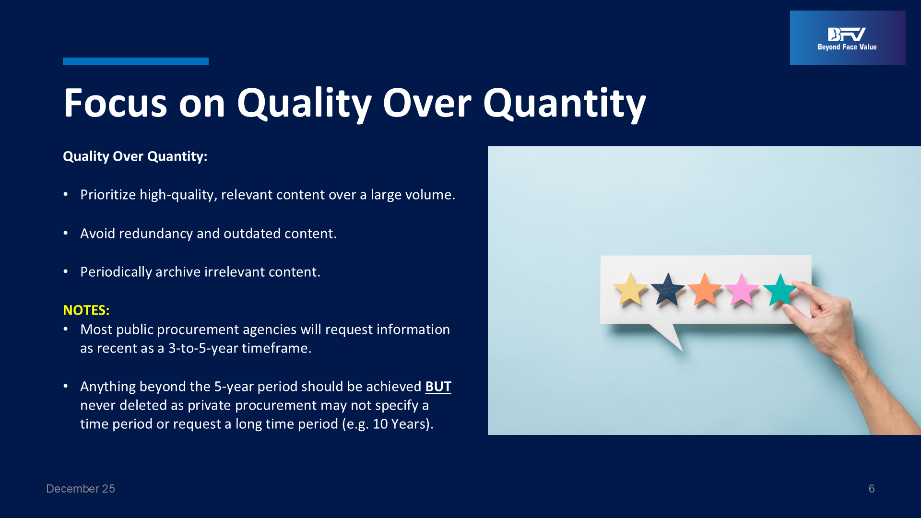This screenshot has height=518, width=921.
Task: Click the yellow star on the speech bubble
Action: pos(630,290)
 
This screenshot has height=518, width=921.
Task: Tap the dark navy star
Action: pos(668,290)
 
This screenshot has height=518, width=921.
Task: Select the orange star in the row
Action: pos(705,290)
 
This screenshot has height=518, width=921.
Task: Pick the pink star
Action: pos(742,290)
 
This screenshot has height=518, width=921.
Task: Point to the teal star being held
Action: pos(779,290)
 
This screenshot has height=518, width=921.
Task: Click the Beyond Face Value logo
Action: pos(848,38)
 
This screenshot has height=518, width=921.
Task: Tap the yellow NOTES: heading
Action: pos(86,310)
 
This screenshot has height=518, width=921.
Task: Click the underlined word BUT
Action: pos(438,387)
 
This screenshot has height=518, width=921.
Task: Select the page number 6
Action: pos(872,489)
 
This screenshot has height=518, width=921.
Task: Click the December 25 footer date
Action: pos(81,489)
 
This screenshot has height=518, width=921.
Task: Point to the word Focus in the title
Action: pos(116,103)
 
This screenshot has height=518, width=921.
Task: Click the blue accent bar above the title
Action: pos(136,61)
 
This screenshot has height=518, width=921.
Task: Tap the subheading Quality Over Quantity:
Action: pos(135,156)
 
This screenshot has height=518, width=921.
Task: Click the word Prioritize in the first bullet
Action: pos(108,195)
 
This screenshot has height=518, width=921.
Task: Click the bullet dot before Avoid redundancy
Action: pos(66,233)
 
